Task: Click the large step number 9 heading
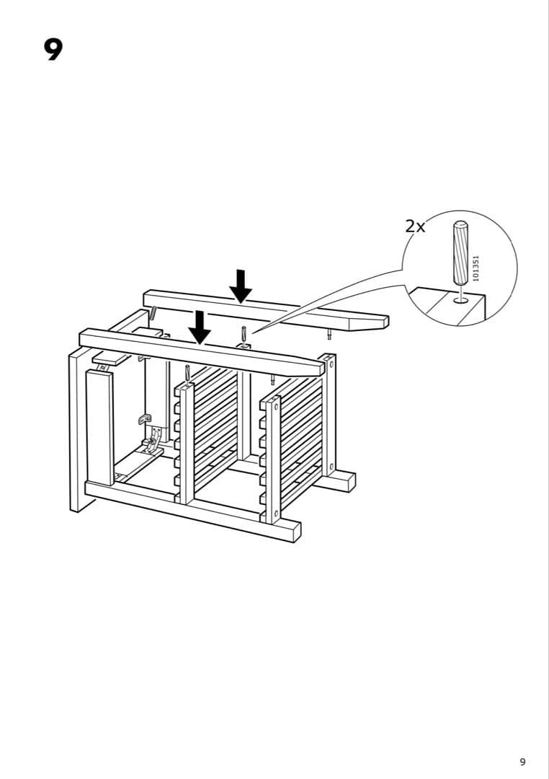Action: coord(53,49)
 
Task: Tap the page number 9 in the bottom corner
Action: coord(522,762)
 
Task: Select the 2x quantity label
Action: coord(415,226)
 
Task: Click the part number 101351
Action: coord(475,268)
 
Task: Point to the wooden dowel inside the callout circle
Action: coord(459,253)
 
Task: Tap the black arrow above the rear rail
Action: coord(241,286)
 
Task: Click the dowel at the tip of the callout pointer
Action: coord(244,334)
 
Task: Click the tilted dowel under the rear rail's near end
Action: coord(153,314)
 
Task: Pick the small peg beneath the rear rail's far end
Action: coord(329,334)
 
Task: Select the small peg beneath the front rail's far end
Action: coord(272,379)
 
